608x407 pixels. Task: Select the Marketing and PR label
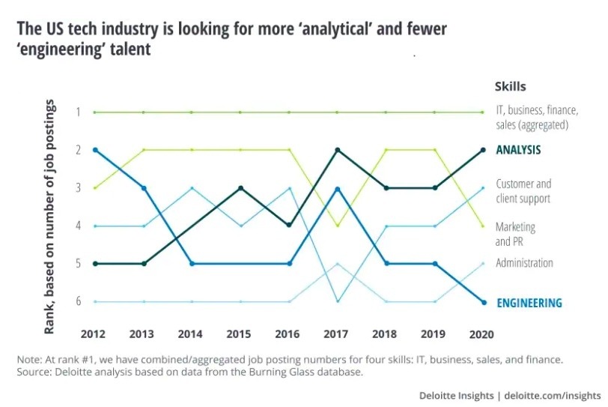pyautogui.click(x=515, y=234)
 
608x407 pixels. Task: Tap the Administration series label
pyautogui.click(x=524, y=263)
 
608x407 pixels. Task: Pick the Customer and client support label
pyautogui.click(x=523, y=191)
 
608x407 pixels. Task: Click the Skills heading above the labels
pyautogui.click(x=510, y=87)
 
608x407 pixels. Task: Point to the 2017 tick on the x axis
pyautogui.click(x=337, y=332)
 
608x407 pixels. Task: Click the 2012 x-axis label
pyautogui.click(x=94, y=332)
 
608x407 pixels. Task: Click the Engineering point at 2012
pyautogui.click(x=94, y=150)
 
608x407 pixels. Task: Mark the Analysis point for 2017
pyautogui.click(x=337, y=150)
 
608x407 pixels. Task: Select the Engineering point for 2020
pyautogui.click(x=483, y=302)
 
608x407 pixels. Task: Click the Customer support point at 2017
pyautogui.click(x=337, y=301)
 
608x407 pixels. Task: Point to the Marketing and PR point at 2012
pyautogui.click(x=94, y=187)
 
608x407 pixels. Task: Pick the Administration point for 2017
pyautogui.click(x=337, y=264)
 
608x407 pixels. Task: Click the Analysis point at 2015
pyautogui.click(x=240, y=187)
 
